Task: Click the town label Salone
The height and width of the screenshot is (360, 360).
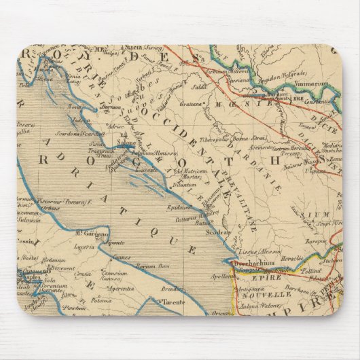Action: tap(127, 143)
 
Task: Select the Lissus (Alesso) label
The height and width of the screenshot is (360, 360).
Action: tap(255, 251)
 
